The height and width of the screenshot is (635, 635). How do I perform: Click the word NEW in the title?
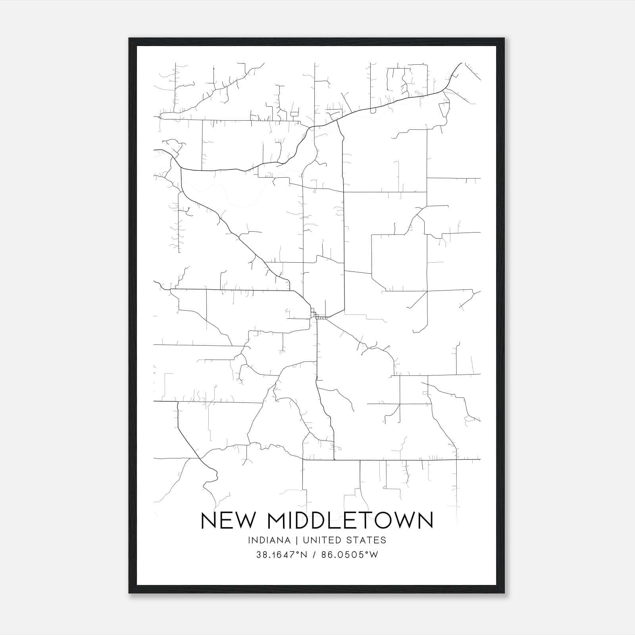click(x=227, y=520)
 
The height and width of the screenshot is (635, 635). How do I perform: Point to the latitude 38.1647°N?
click(x=282, y=555)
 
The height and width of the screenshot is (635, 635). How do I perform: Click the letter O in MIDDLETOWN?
click(x=382, y=520)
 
